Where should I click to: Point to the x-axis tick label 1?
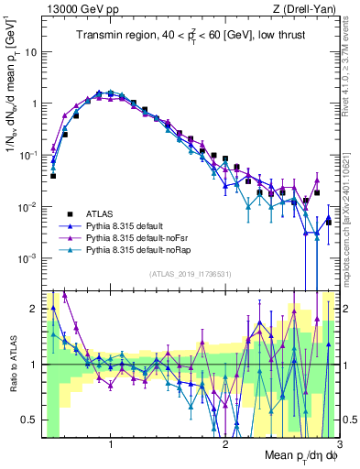pyautogui.click(x=111, y=446)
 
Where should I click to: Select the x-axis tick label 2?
pyautogui.click(x=224, y=446)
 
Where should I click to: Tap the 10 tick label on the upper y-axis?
pyautogui.click(x=29, y=51)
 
